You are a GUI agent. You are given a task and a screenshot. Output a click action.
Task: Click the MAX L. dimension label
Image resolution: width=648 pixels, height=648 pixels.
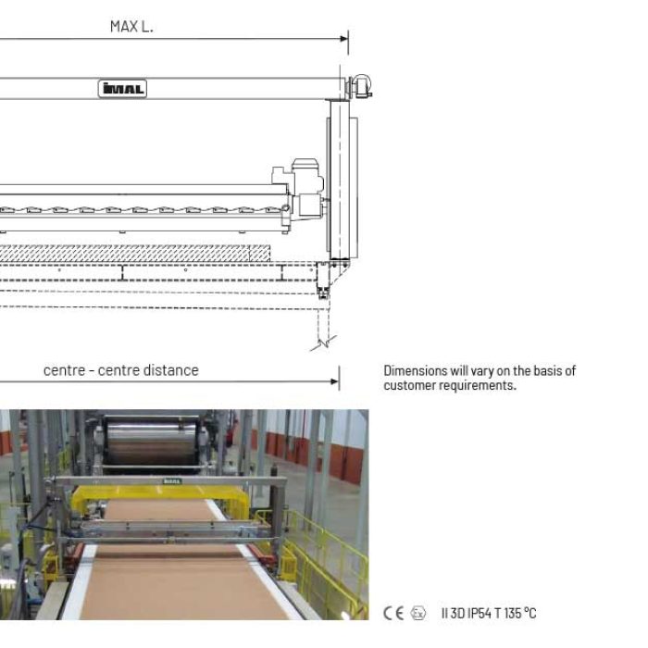coord(131,27)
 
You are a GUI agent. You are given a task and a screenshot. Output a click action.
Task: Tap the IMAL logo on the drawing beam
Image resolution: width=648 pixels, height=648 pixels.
coord(122,89)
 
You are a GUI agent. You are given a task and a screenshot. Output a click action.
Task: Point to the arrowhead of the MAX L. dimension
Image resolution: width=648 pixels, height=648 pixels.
coord(343,39)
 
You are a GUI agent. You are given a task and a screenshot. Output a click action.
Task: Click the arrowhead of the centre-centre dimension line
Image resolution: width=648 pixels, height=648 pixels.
coord(335,381)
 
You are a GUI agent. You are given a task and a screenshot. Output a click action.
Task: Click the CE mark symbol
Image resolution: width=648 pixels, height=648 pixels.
coord(393,613)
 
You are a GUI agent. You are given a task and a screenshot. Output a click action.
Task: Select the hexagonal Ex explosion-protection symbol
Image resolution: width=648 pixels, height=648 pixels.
coord(418,613)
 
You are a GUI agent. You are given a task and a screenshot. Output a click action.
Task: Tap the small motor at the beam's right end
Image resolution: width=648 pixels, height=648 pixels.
coord(361,86)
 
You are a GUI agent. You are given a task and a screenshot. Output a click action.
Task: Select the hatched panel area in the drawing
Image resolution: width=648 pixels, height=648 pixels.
coord(135,254)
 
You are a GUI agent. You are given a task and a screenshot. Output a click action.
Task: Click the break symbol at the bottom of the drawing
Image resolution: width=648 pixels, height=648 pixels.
coord(324,343)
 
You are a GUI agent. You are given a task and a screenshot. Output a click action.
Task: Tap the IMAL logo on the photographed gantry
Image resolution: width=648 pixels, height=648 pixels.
coord(172,481)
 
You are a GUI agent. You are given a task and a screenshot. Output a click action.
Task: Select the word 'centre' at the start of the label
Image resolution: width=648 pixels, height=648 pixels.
coord(64,370)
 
